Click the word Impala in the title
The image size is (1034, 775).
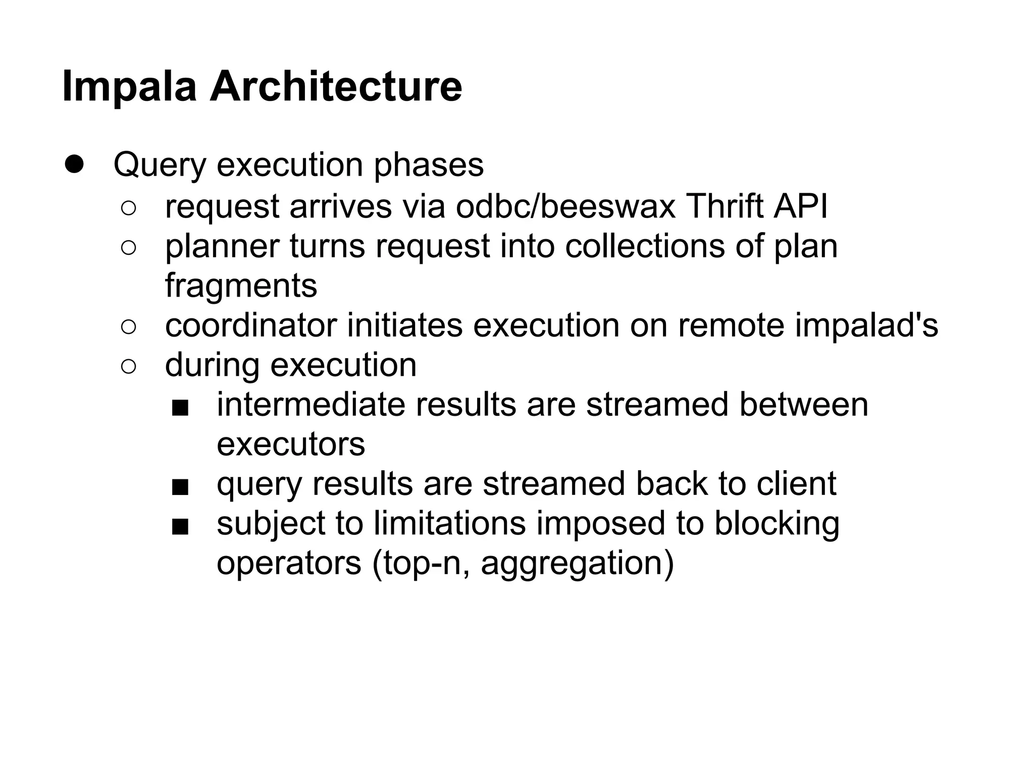[x=129, y=87]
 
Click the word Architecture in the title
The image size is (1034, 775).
[x=336, y=87]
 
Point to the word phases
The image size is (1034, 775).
[x=429, y=165]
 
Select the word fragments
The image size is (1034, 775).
[x=241, y=287]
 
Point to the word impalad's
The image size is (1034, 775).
[x=866, y=326]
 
